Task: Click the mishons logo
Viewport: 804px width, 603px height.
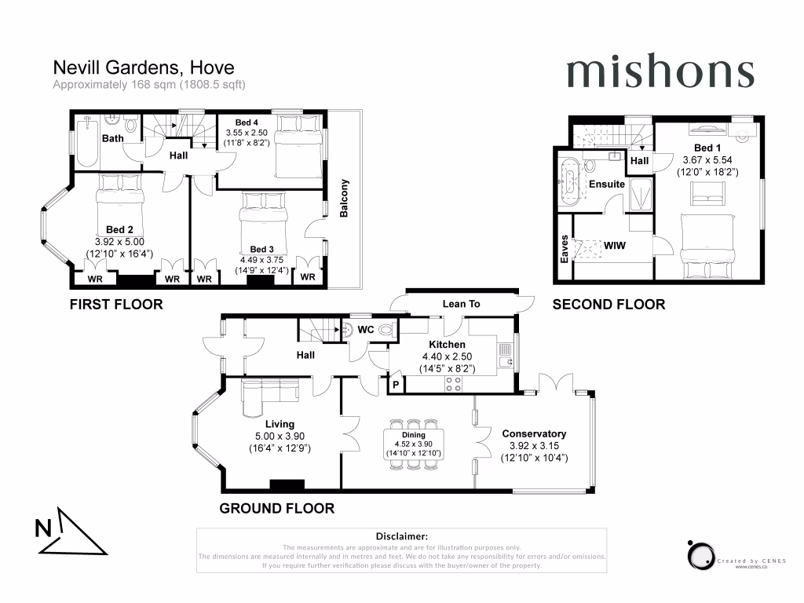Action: (x=660, y=72)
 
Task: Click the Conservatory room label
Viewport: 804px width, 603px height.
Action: (x=534, y=433)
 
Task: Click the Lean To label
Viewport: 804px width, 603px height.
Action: (x=461, y=304)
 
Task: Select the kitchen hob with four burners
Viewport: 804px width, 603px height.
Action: (x=453, y=384)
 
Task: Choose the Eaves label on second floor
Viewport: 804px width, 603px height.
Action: (x=565, y=247)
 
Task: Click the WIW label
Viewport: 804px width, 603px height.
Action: (x=614, y=247)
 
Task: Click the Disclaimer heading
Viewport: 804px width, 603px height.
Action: (x=401, y=535)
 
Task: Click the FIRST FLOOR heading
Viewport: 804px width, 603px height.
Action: (x=116, y=304)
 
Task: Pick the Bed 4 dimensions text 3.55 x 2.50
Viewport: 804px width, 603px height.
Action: (x=247, y=133)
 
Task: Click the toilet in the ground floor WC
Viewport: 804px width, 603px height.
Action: (x=385, y=331)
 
